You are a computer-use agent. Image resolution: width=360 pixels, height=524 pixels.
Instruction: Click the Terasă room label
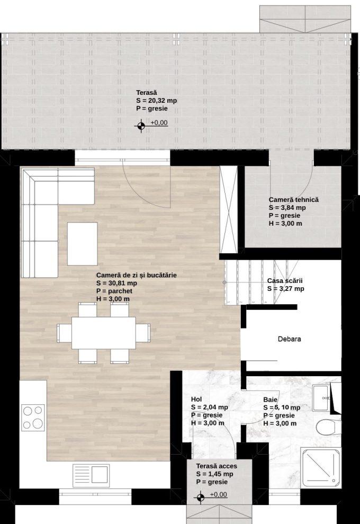point(146,93)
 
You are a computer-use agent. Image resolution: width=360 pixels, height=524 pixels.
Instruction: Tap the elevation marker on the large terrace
point(141,126)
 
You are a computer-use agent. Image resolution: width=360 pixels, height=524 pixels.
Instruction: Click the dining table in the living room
point(104,333)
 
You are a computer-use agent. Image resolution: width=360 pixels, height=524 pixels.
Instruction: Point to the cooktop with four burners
point(33,418)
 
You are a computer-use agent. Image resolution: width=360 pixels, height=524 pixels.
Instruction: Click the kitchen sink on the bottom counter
point(91,474)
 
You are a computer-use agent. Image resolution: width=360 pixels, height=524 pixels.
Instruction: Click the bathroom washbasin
point(322,398)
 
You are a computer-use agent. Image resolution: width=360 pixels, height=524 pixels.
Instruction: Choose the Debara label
point(289,339)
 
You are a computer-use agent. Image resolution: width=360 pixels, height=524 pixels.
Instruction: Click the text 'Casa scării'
point(285,281)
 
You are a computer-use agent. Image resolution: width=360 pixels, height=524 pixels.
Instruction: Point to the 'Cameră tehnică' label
point(293,200)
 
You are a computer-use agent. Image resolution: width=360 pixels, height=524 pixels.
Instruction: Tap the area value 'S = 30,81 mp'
point(116,283)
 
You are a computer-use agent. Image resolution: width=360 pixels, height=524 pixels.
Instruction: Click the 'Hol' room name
point(196,399)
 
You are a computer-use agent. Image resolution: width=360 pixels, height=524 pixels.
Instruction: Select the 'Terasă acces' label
point(217,466)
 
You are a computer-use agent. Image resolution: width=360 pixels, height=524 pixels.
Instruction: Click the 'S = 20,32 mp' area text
point(156,101)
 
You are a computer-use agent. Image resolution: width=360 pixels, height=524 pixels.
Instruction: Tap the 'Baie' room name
point(270,399)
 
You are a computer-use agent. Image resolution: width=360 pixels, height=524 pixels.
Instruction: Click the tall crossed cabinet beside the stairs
point(228,209)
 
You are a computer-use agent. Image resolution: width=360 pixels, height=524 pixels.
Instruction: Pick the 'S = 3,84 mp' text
point(287,208)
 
